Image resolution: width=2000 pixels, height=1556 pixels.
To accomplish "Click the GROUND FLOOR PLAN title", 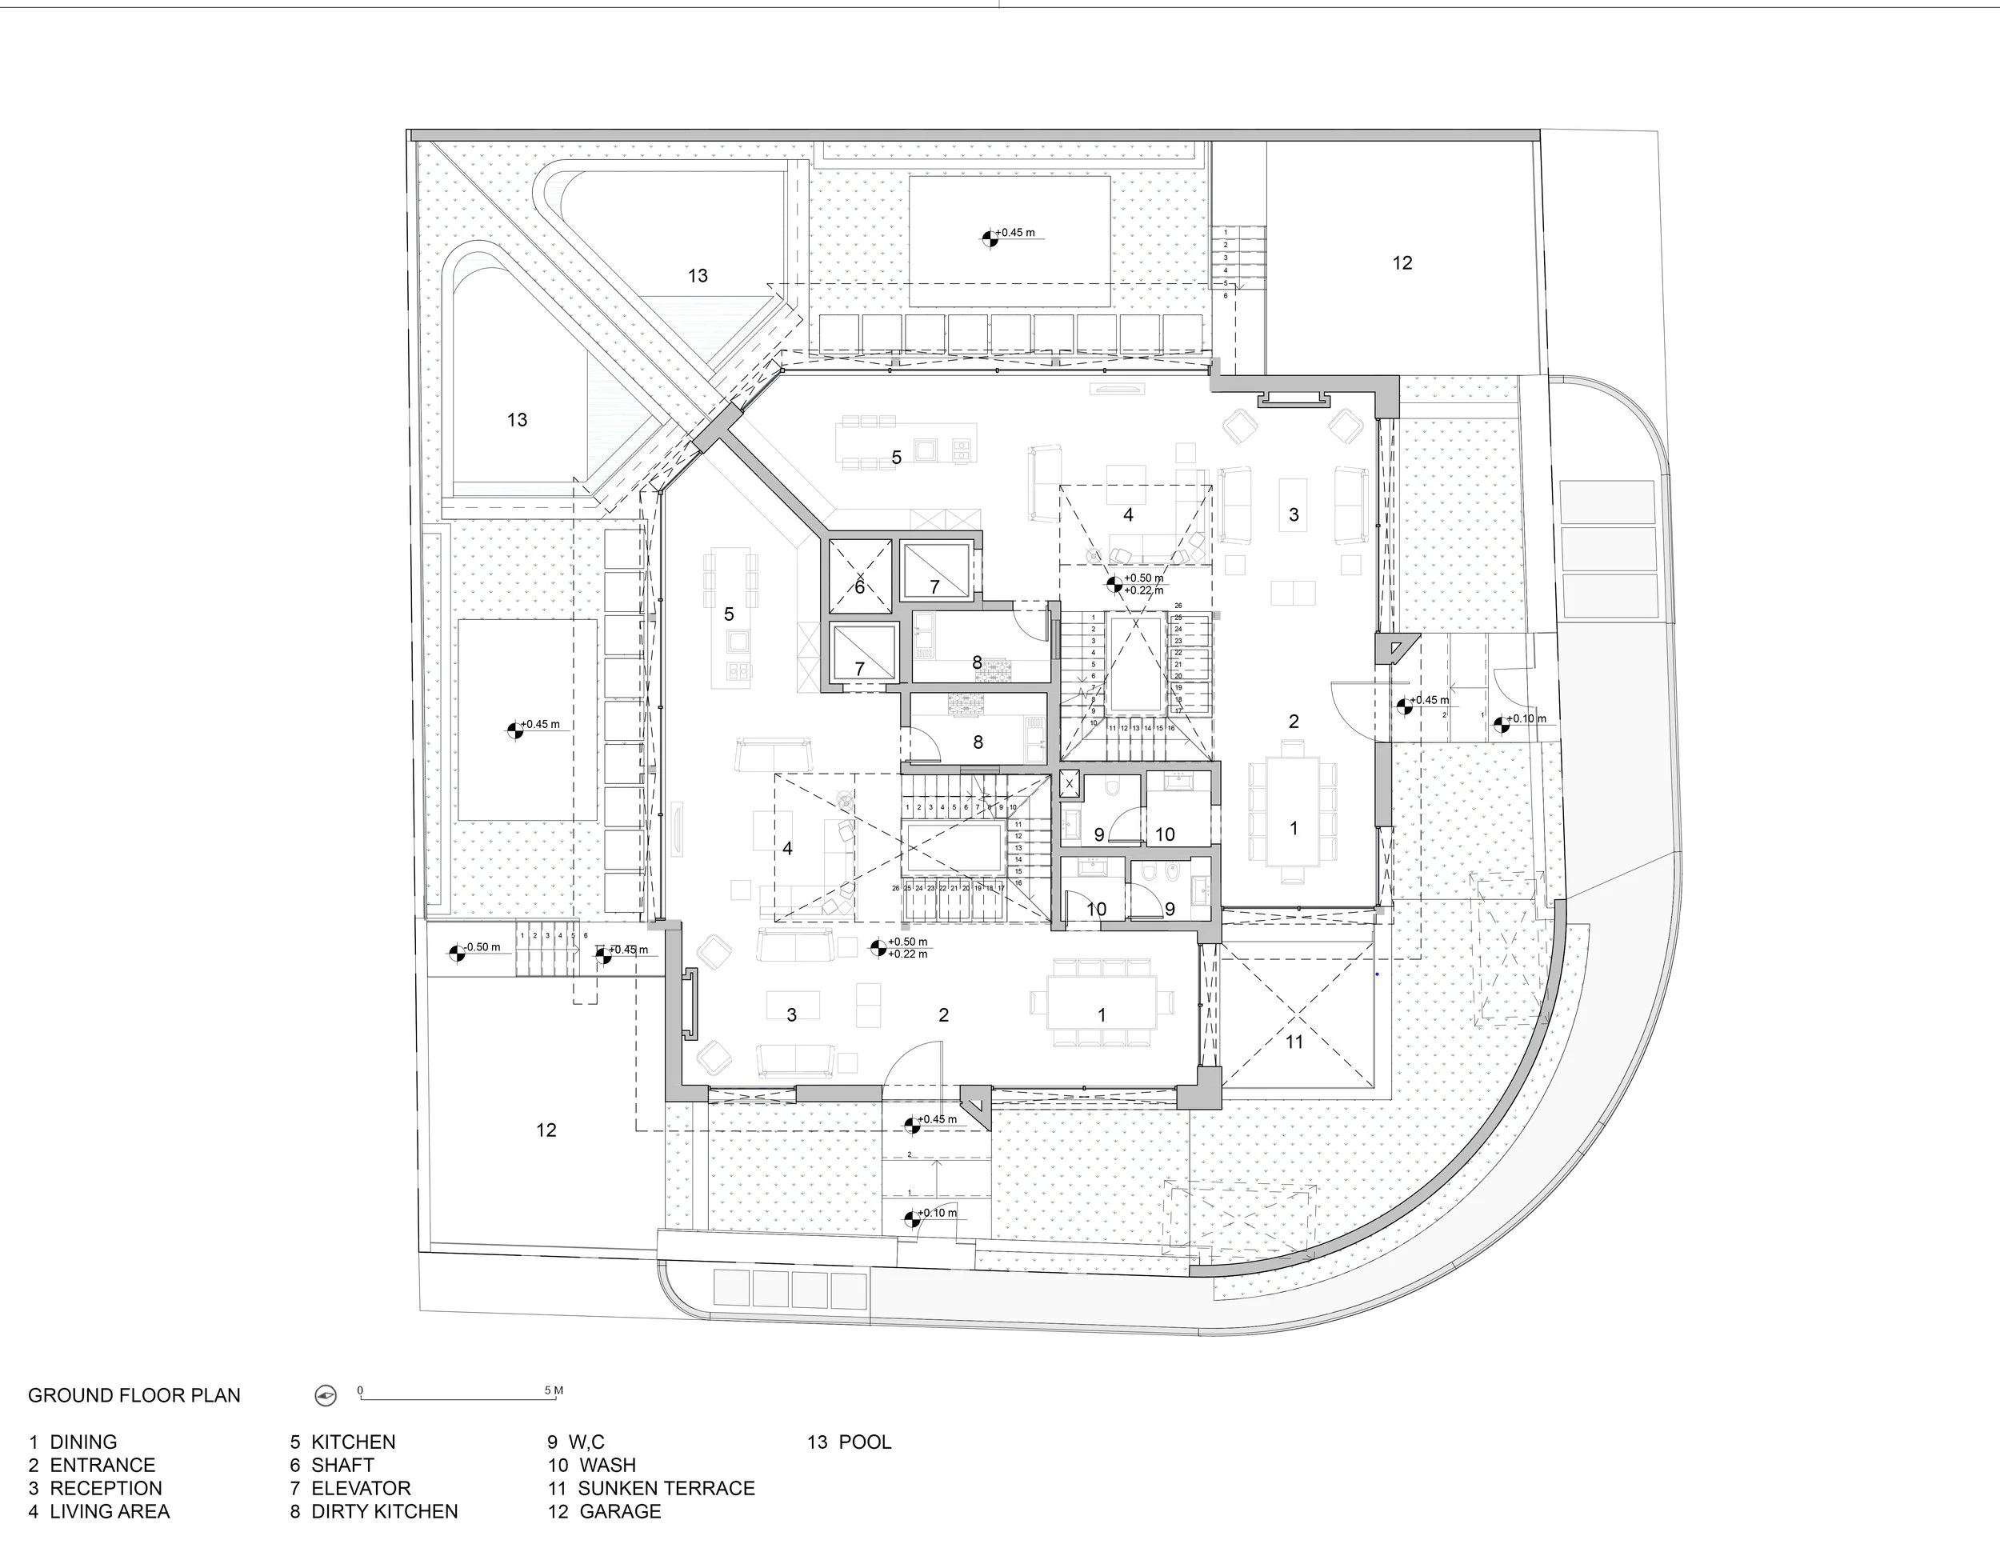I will pos(134,1395).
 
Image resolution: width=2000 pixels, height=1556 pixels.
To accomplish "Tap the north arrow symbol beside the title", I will pos(325,1396).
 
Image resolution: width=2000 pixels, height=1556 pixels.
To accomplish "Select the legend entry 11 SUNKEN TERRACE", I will pos(651,1488).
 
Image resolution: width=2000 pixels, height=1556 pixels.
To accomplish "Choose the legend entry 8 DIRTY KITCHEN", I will pos(374,1511).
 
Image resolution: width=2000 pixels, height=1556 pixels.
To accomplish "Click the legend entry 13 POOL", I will pos(849,1442).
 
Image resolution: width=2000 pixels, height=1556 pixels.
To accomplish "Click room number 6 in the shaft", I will pos(859,587).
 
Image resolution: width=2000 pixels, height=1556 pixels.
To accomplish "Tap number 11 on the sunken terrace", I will pos(1293,1042).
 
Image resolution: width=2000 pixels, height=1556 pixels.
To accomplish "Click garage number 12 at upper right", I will pos(1402,263).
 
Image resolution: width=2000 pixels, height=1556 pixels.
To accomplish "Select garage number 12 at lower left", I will pos(546,1130).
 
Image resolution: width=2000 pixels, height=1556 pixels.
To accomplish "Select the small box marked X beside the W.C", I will pos(1069,783).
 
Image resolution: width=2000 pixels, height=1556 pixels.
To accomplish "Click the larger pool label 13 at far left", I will pos(517,419).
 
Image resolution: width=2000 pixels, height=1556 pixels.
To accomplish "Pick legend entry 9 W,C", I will pos(576,1442).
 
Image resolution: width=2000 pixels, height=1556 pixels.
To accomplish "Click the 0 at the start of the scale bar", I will pos(360,1390).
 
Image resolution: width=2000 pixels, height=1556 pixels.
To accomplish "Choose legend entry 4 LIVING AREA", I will pos(99,1511).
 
